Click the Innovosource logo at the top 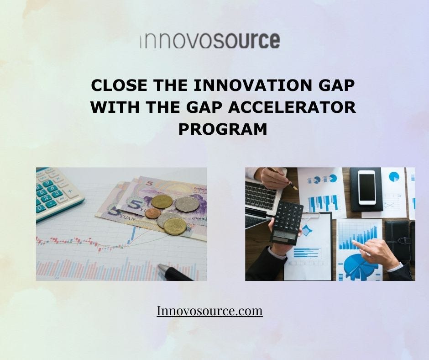(209, 40)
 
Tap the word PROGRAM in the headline (222, 129)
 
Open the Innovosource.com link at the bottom (209, 311)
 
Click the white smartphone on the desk (366, 187)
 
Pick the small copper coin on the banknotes (152, 213)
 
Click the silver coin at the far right (187, 204)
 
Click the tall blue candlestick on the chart (133, 233)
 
